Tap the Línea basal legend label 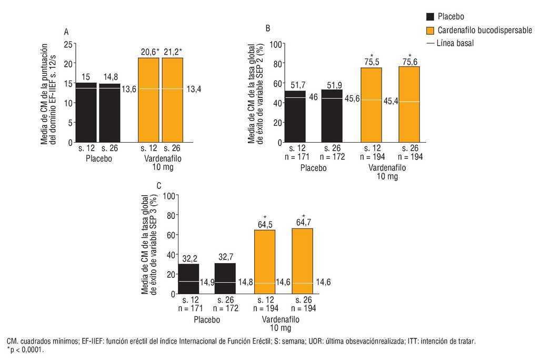pyautogui.click(x=455, y=43)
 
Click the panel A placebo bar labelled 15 pyautogui.click(x=86, y=112)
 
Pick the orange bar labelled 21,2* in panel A pyautogui.click(x=172, y=100)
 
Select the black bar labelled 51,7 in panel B pyautogui.click(x=295, y=116)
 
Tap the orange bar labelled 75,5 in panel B pyautogui.click(x=372, y=105)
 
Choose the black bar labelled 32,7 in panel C pyautogui.click(x=225, y=278)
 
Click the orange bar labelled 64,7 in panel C pyautogui.click(x=302, y=261)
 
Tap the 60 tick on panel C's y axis pyautogui.click(x=169, y=235)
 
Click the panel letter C pyautogui.click(x=159, y=185)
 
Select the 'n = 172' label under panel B pyautogui.click(x=333, y=157)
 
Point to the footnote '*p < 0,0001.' pyautogui.click(x=25, y=349)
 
